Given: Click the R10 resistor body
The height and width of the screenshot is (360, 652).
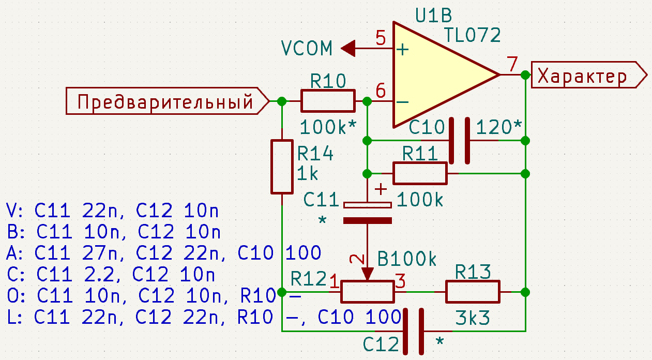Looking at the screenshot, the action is tap(328, 101).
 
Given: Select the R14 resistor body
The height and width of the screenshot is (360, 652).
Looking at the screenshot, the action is tap(282, 167).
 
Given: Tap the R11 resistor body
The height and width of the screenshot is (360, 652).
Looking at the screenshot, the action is tap(420, 174).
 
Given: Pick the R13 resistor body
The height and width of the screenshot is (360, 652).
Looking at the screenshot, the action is tap(473, 292).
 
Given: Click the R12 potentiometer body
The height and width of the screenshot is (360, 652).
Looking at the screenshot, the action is tap(367, 292).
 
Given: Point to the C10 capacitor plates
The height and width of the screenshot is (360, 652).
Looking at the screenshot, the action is tap(459, 141).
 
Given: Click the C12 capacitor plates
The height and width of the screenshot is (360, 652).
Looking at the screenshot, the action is tap(413, 332).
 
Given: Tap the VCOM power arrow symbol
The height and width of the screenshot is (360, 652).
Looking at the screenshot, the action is tap(348, 48).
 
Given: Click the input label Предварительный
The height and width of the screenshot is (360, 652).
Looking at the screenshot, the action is tap(168, 101).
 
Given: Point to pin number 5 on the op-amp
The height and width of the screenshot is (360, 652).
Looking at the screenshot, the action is tap(381, 38).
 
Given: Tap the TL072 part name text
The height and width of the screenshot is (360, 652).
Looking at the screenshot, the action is tap(472, 35).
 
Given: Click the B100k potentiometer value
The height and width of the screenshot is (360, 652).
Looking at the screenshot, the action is tap(406, 259).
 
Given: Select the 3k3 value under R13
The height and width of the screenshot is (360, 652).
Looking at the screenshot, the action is tap(472, 318).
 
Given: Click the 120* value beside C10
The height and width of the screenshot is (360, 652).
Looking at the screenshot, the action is tap(498, 127).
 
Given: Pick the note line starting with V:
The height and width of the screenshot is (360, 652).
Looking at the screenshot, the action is tap(112, 211).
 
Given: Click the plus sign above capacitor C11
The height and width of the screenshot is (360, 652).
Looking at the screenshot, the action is tap(381, 189).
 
